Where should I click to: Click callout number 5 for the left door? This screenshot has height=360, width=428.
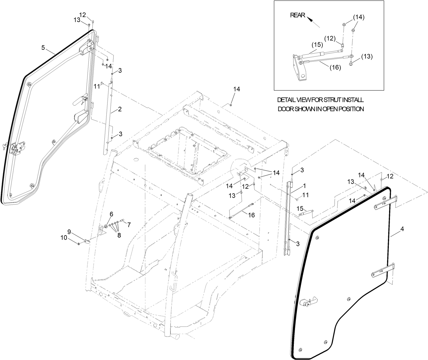43,48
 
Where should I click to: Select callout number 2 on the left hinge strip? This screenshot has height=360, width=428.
120,109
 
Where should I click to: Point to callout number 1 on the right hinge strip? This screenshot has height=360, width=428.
304,186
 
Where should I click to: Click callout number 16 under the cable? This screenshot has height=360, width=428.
251,215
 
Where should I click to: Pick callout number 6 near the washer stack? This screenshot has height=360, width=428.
111,214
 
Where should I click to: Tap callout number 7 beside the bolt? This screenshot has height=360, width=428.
129,225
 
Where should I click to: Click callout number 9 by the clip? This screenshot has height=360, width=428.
69,231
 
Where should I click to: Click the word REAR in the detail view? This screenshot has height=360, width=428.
298,15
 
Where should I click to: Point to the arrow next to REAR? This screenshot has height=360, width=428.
313,22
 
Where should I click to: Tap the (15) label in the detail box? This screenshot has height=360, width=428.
317,45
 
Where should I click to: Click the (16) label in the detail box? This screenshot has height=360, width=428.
335,68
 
